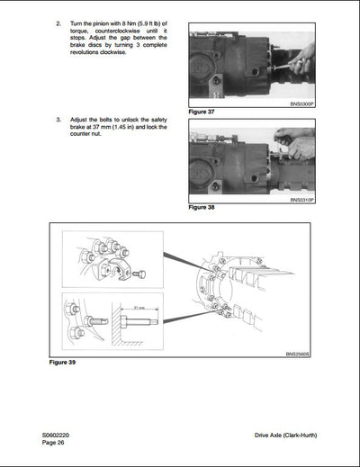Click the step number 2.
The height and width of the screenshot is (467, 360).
click(58, 21)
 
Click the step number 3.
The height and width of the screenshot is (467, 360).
click(58, 119)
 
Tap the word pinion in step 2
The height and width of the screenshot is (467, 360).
click(112, 21)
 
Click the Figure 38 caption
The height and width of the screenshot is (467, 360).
click(202, 207)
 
